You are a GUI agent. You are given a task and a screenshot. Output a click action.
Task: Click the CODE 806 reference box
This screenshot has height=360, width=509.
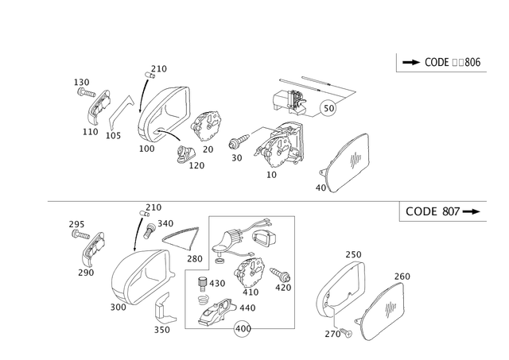pyautogui.click(x=438, y=62)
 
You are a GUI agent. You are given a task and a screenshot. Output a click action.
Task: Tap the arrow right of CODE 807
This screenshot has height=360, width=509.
pyautogui.click(x=475, y=211)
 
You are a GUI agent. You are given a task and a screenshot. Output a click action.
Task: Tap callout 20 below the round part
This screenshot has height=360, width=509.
pyautogui.click(x=209, y=149)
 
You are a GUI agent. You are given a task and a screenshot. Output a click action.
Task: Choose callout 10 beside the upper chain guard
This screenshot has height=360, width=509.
pyautogui.click(x=322, y=188)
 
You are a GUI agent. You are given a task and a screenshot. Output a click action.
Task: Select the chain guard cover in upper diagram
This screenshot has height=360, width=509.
pyautogui.click(x=347, y=164)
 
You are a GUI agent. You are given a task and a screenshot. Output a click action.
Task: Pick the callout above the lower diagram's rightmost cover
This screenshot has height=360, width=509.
pyautogui.click(x=402, y=276)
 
